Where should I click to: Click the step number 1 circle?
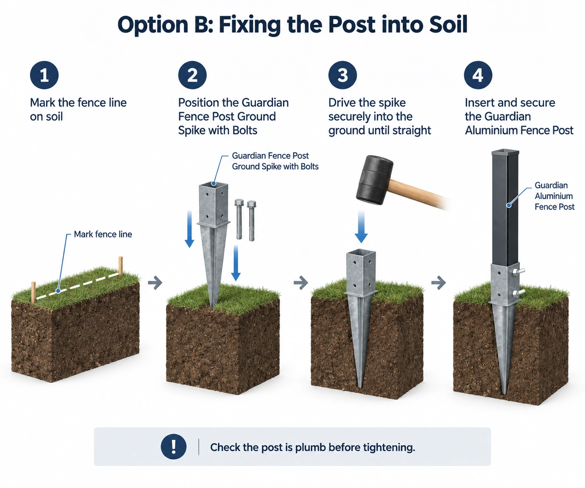coord(44,75)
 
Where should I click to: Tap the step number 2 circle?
coord(192,75)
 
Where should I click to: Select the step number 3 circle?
coord(343,75)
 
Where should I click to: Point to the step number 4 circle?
coord(478,75)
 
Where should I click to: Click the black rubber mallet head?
coord(375,180)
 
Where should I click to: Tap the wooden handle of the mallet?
coord(419,194)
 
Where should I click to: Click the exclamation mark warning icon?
coord(174,447)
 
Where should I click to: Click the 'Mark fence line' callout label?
coord(103,234)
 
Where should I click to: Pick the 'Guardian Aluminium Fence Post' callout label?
coord(554,196)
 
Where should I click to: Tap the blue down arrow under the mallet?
coord(361,227)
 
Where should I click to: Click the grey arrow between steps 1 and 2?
coord(155,283)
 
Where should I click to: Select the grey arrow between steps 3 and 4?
coord(439,283)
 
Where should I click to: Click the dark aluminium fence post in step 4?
coord(505,207)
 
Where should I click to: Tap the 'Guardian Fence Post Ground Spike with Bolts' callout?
coord(275,161)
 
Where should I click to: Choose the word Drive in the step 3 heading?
coord(342,103)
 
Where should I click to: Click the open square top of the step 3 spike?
coord(361,254)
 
